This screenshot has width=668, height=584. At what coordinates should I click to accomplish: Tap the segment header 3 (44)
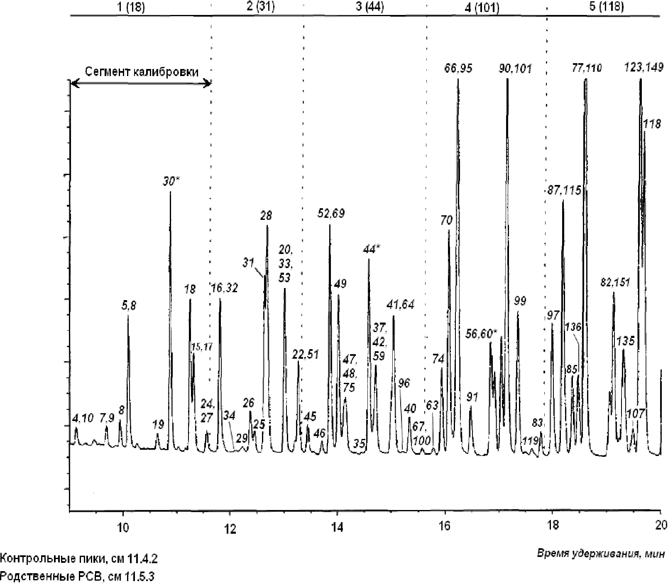click(x=369, y=7)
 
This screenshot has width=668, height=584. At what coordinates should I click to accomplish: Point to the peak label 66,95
click(x=458, y=68)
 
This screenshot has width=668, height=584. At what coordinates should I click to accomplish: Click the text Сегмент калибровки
click(x=142, y=71)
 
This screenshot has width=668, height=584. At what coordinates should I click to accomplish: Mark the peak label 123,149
click(x=644, y=67)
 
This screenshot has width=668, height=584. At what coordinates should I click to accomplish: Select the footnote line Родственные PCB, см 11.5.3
click(x=77, y=577)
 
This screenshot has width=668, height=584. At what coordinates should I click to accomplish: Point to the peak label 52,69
click(x=331, y=214)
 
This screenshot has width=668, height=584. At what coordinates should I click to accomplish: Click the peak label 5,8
click(x=128, y=306)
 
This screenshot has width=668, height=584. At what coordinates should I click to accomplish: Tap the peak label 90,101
click(x=515, y=68)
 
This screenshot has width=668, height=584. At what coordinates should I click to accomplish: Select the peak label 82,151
click(x=615, y=283)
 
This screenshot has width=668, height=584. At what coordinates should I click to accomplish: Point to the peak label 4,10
click(x=83, y=417)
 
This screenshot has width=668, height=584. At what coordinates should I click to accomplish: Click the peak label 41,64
click(x=400, y=304)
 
